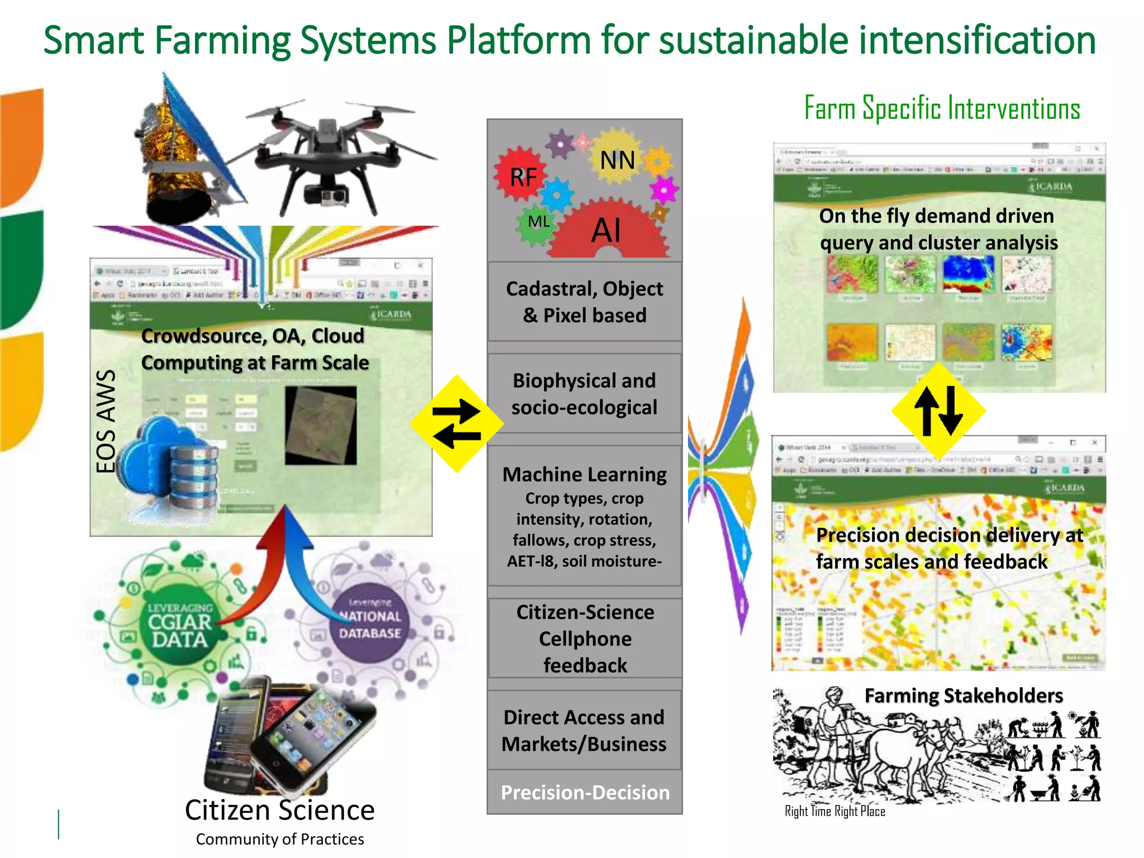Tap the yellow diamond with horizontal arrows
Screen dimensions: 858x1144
coord(457,423)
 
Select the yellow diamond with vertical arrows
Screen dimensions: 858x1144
coord(938,411)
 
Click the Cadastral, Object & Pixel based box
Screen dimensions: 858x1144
coord(584,302)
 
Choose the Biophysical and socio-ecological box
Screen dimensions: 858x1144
coord(584,394)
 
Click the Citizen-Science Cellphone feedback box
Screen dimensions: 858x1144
coord(584,638)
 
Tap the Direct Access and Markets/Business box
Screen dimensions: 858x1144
coord(584,730)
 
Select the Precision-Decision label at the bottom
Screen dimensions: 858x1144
coord(584,792)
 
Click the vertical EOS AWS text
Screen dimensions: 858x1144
coord(106,422)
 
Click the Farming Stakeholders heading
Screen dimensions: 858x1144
coord(964,695)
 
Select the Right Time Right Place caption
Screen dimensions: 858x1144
coord(835,811)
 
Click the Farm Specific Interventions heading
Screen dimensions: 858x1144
coord(942,108)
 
